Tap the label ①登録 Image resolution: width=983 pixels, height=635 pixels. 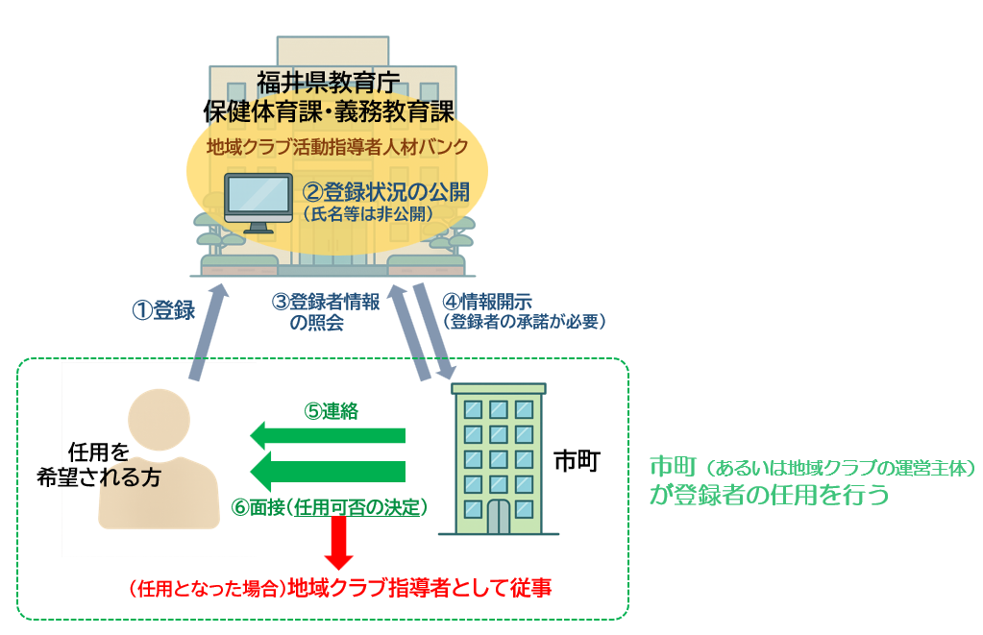[163, 310]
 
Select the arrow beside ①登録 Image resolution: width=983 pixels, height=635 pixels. [209, 331]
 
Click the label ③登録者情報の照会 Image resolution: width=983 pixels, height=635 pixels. [326, 311]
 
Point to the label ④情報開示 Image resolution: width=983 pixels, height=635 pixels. [487, 302]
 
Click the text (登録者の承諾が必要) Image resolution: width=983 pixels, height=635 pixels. [524, 322]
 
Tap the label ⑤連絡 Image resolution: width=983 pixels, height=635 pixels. [331, 411]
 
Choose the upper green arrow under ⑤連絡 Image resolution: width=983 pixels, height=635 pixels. [328, 435]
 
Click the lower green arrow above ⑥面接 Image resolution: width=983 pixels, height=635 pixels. [328, 472]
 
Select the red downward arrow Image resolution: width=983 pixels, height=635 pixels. [338, 542]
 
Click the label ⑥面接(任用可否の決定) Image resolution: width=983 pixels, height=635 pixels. [330, 507]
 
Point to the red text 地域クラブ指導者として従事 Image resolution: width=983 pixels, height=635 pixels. [419, 588]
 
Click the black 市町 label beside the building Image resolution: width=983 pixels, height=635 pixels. [577, 461]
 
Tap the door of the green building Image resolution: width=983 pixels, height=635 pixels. [499, 517]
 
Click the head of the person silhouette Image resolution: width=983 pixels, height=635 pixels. [159, 420]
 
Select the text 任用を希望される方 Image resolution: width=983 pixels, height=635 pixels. [99, 465]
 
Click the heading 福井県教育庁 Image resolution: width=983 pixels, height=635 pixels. [329, 82]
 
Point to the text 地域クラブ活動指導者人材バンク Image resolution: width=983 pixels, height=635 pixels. [337, 147]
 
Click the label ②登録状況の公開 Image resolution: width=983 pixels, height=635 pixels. [386, 192]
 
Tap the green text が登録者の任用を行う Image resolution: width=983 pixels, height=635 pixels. [770, 495]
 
